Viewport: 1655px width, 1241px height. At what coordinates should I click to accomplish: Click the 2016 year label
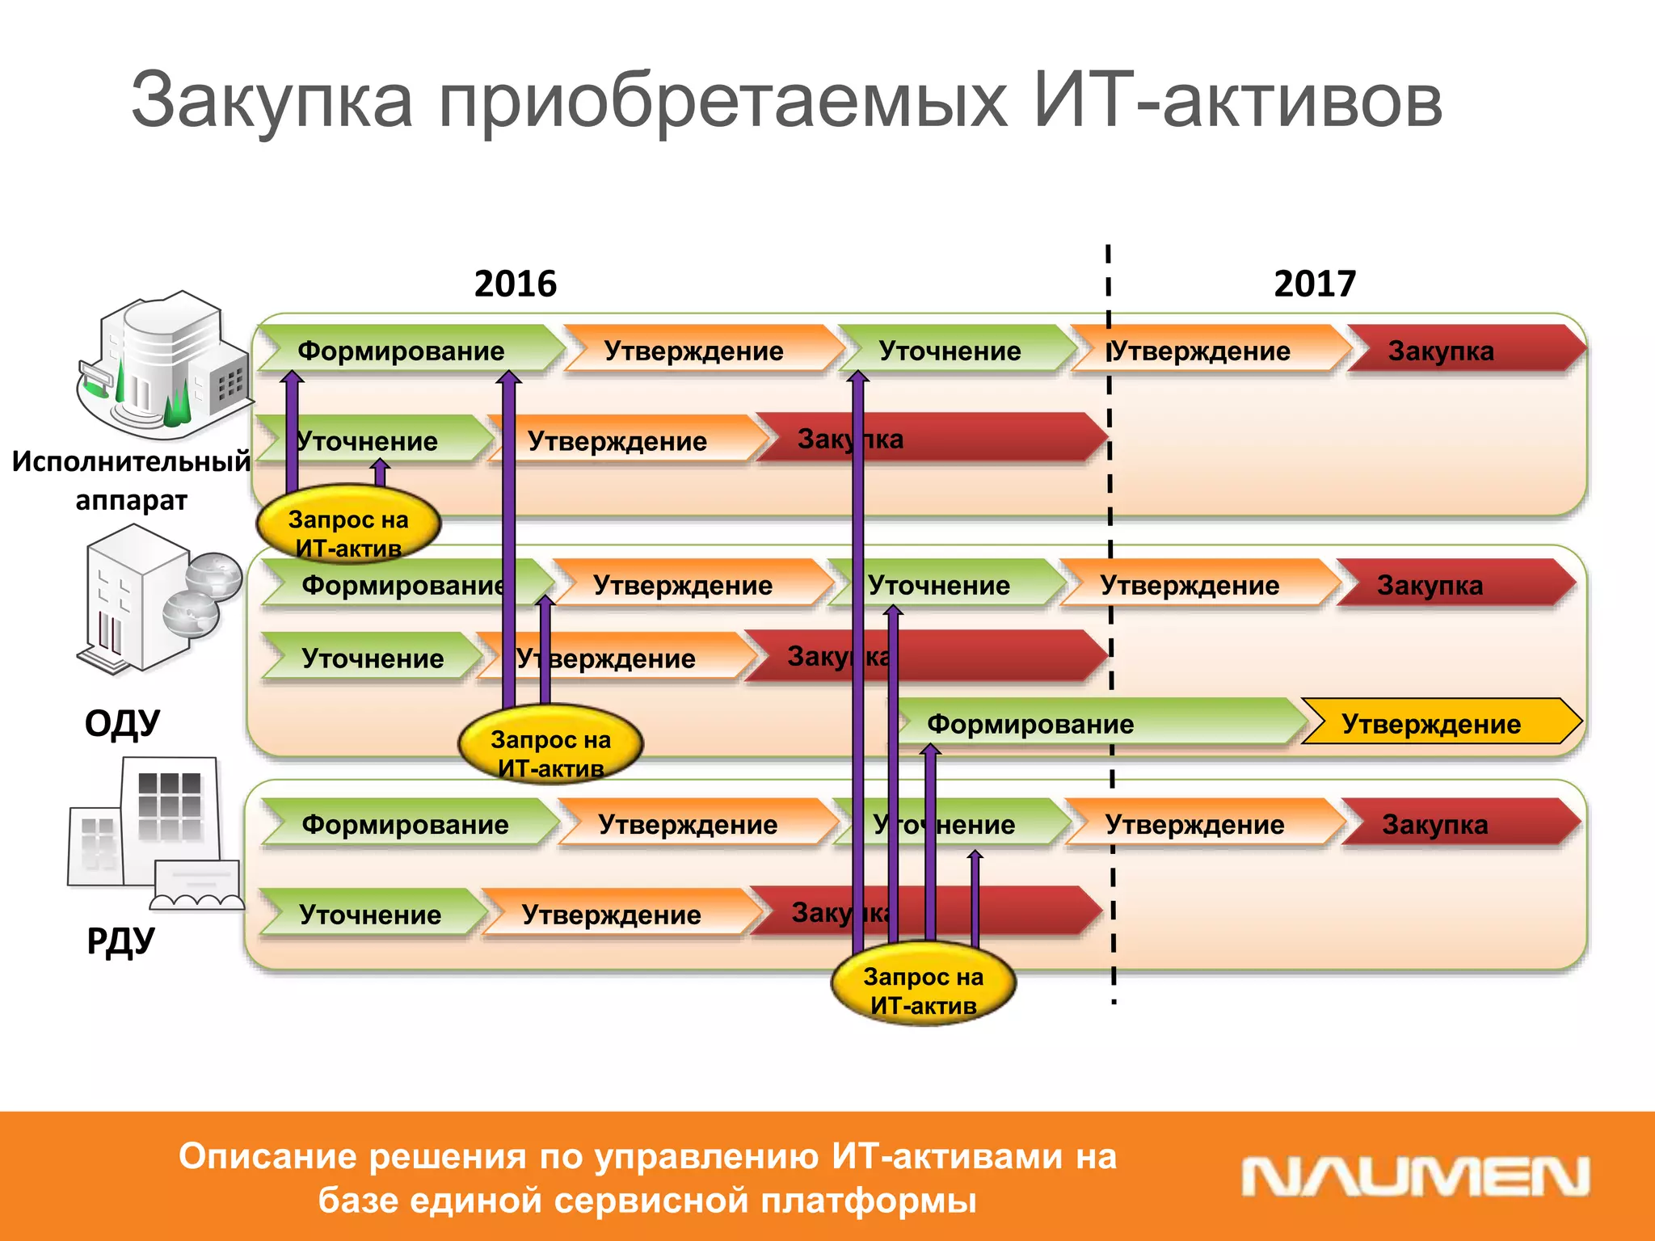pyautogui.click(x=516, y=284)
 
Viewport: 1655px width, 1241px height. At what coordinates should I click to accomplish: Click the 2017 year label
pyautogui.click(x=1315, y=284)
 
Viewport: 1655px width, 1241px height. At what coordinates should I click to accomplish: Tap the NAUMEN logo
pyautogui.click(x=1415, y=1177)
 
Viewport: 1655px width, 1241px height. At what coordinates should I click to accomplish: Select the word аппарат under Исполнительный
pyautogui.click(x=132, y=501)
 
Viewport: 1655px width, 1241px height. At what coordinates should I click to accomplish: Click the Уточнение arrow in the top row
pyautogui.click(x=954, y=350)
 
